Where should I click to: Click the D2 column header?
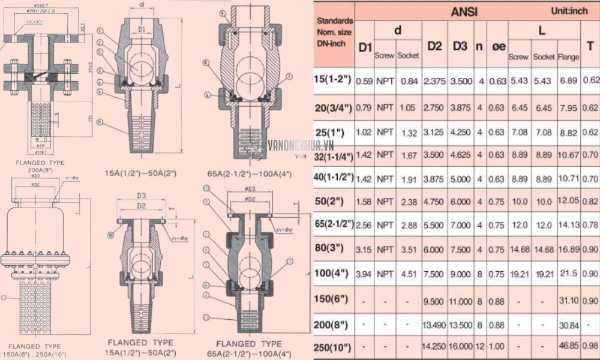(435, 46)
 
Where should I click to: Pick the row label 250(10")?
(333, 347)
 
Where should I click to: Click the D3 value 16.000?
(461, 347)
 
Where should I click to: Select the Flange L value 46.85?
(569, 347)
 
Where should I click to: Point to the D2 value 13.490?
(435, 325)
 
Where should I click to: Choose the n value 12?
(479, 347)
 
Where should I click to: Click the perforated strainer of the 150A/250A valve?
(35, 306)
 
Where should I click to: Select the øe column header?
(499, 46)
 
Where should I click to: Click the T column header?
(590, 46)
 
